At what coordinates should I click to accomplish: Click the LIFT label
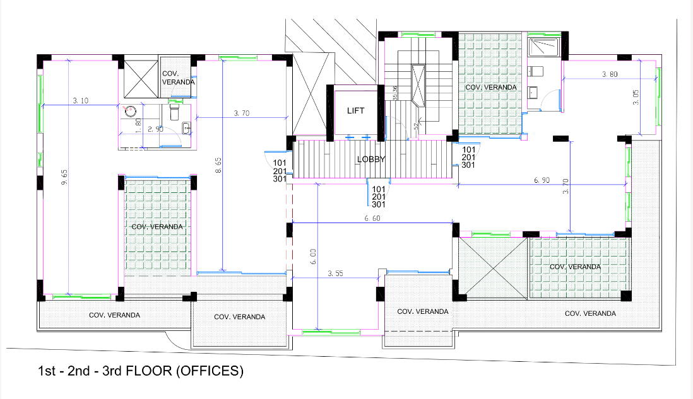[x=355, y=110]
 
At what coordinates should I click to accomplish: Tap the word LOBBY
[x=371, y=159]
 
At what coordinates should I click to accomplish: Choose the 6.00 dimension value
[x=312, y=256]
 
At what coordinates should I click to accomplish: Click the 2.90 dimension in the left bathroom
[x=156, y=129]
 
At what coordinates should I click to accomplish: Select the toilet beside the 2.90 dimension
[x=175, y=112]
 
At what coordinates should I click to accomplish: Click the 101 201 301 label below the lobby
[x=379, y=196]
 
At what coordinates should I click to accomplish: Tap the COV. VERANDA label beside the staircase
[x=490, y=88]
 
